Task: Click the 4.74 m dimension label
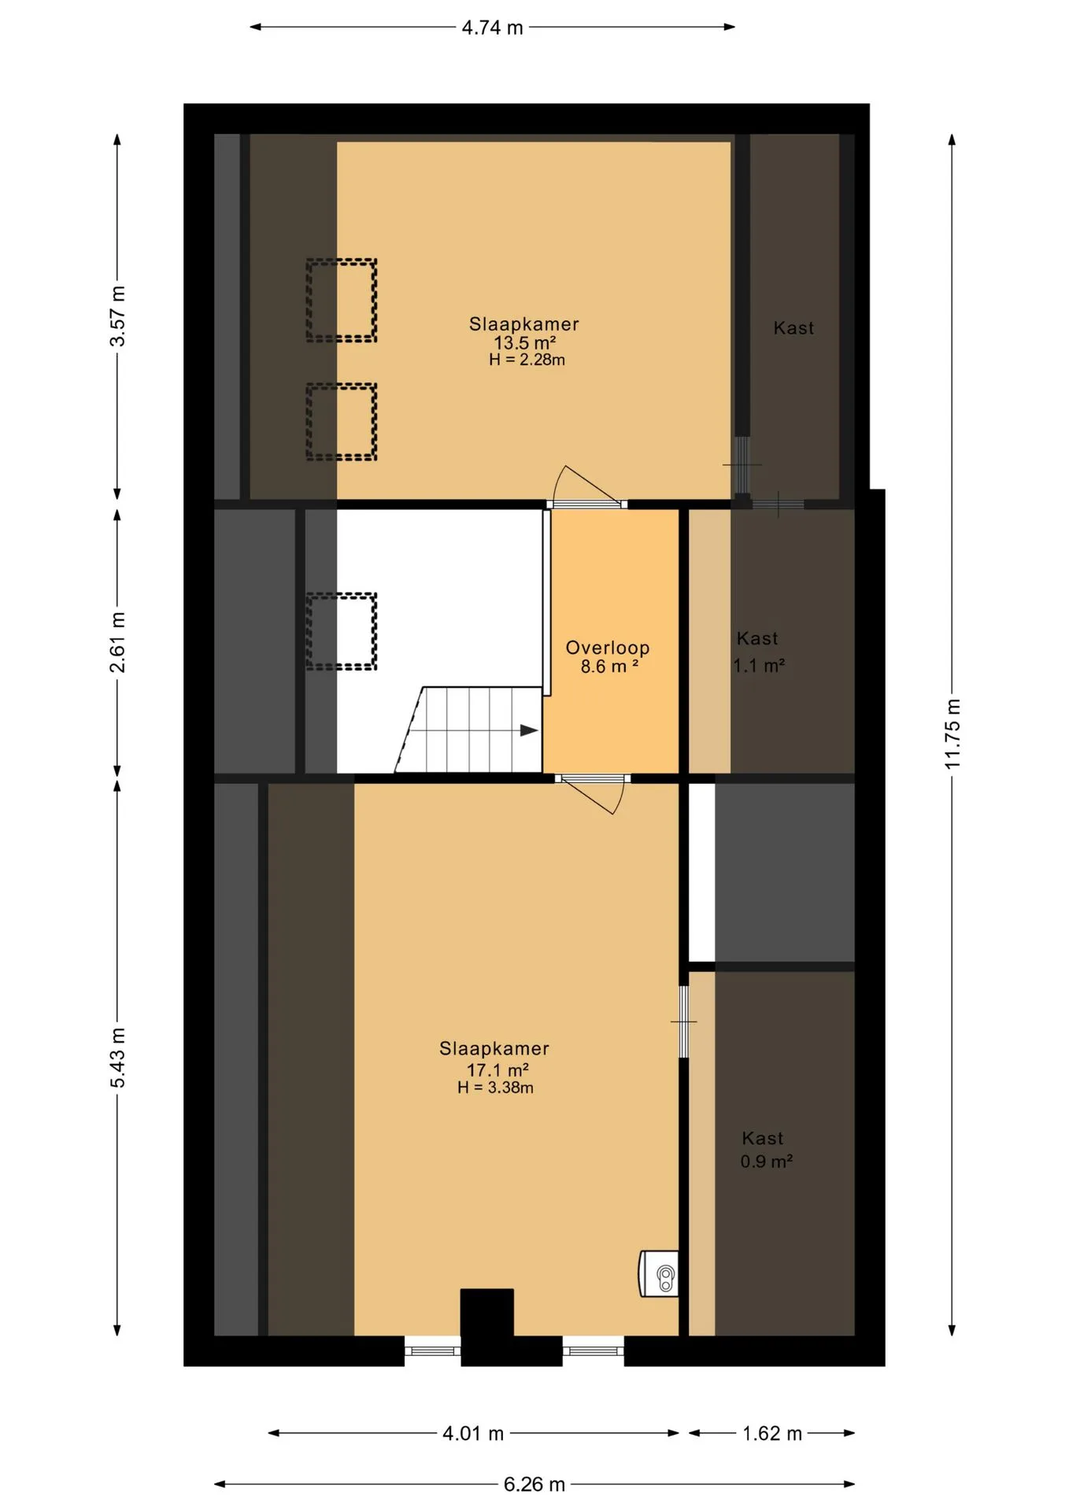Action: [492, 28]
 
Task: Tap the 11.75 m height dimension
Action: [952, 733]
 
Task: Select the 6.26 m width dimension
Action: [534, 1484]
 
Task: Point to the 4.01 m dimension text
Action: [473, 1433]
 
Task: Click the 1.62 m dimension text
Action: [772, 1433]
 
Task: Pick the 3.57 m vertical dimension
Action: [117, 316]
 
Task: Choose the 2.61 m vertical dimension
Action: [117, 642]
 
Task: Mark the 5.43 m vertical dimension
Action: [117, 1058]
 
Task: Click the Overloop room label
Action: [608, 648]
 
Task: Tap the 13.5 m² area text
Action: [525, 343]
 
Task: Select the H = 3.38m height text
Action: [495, 1088]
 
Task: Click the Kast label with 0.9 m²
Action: [763, 1138]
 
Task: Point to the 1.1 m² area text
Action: [759, 666]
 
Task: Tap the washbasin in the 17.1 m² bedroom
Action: [659, 1273]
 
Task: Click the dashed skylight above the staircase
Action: [342, 631]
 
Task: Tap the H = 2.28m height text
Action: [527, 360]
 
